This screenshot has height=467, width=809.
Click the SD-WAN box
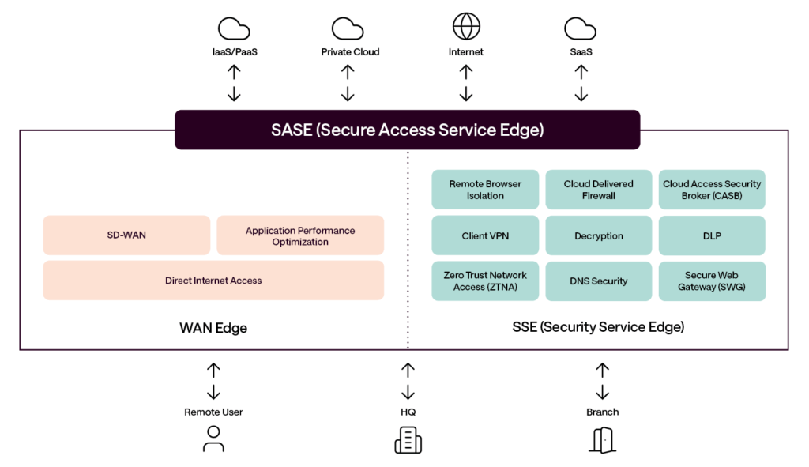click(126, 235)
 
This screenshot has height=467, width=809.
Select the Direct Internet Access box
click(213, 281)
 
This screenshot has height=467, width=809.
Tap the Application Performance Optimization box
click(300, 235)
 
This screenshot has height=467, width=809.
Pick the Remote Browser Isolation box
click(485, 190)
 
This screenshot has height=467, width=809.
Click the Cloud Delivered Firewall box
click(598, 190)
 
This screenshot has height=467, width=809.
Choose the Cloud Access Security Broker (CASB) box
click(712, 190)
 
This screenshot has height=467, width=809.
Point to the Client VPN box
click(485, 235)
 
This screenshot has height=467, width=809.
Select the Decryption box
click(598, 235)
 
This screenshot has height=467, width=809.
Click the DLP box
click(712, 235)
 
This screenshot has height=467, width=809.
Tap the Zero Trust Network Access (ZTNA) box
click(485, 281)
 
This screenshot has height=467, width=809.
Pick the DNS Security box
click(598, 281)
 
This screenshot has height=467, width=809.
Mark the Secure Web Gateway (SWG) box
click(712, 281)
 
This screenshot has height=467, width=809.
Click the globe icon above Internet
click(466, 27)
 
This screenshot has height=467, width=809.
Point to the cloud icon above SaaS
click(580, 29)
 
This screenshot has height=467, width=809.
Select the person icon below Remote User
click(213, 439)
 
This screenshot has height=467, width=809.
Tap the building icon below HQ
click(408, 439)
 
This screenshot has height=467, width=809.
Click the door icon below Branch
click(602, 439)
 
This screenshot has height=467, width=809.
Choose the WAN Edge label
click(213, 328)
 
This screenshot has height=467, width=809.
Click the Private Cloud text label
click(350, 52)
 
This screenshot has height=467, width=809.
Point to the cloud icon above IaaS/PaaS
click(234, 29)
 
